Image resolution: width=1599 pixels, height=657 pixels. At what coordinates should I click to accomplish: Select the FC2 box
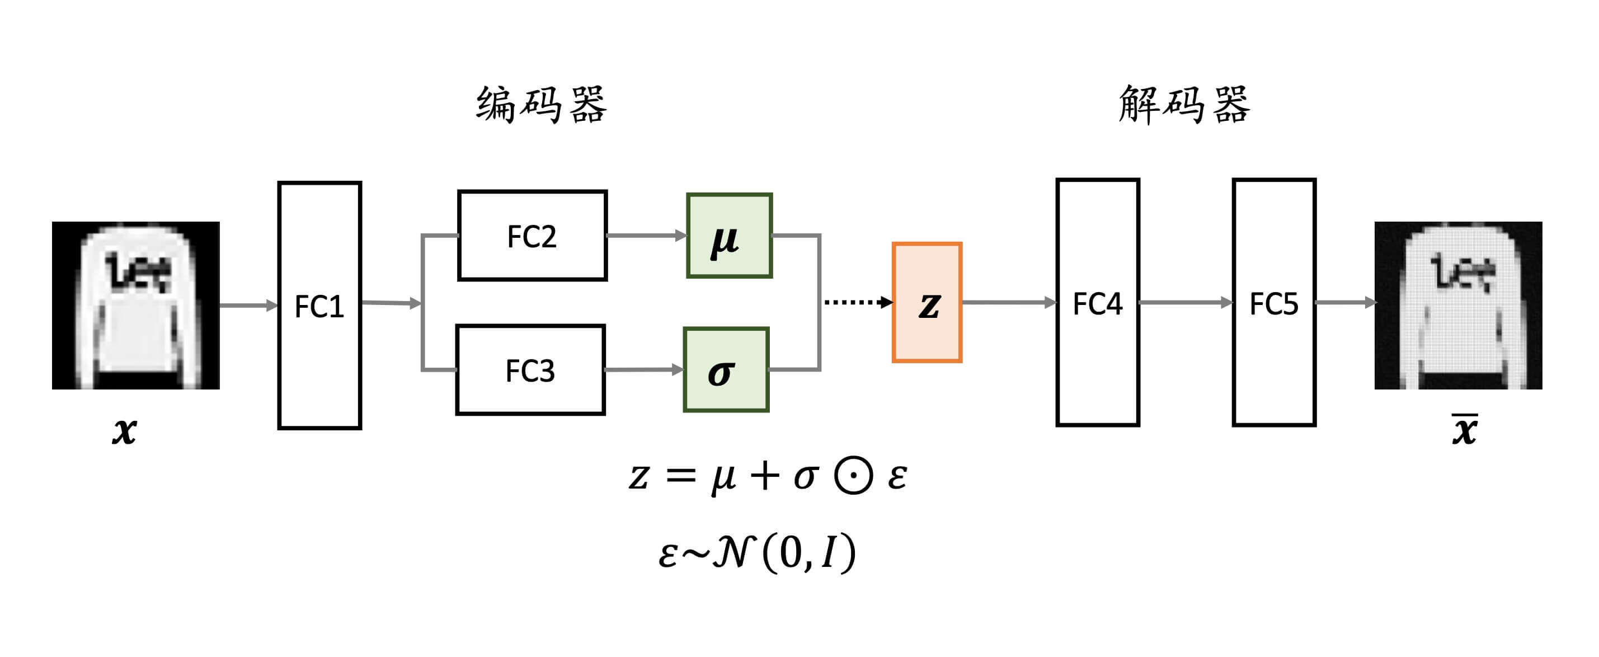[532, 236]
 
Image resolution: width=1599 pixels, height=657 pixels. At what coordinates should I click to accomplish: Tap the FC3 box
[530, 370]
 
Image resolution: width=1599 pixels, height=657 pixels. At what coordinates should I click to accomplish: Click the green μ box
[730, 236]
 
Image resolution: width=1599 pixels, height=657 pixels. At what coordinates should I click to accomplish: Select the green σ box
[726, 370]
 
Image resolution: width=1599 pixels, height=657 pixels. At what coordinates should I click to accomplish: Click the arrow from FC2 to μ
[646, 236]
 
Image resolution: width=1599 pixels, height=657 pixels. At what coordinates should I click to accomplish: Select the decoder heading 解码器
[1184, 104]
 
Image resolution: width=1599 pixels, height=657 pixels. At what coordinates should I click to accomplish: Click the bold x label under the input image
[124, 431]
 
